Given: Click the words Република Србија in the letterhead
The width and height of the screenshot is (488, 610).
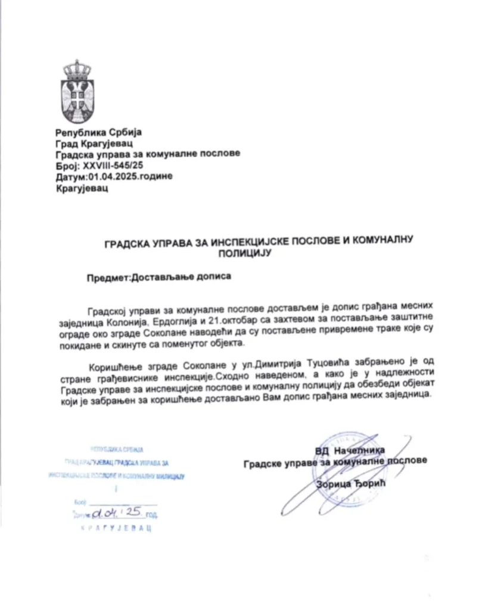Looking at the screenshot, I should tap(99, 132).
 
